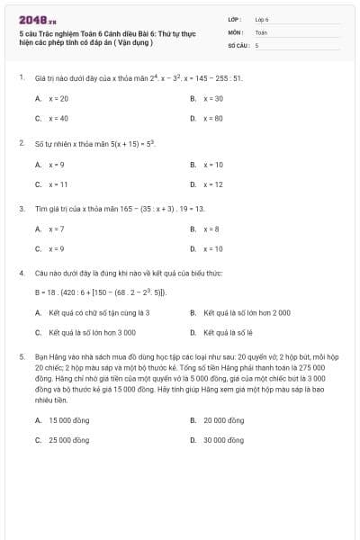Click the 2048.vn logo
tap(38, 19)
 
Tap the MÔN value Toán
tap(261, 31)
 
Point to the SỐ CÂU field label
tap(238, 44)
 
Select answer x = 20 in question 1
tap(58, 98)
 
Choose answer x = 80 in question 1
tap(212, 118)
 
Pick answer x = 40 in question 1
tap(58, 118)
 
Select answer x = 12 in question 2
tap(212, 184)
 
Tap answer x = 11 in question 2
tap(58, 184)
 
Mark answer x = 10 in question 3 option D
tap(212, 248)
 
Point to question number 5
tap(21, 356)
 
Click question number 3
tap(21, 208)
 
